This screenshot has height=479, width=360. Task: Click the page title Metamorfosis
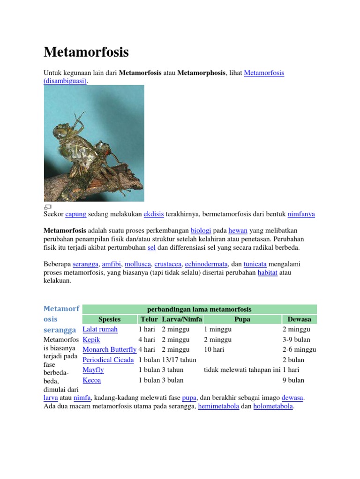86,52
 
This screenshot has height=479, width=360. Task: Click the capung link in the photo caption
75,214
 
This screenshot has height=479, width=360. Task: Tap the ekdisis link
153,214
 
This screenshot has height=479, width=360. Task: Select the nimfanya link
301,214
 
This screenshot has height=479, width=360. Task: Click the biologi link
201,231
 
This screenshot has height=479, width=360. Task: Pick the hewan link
238,231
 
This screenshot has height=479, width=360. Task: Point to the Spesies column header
109,319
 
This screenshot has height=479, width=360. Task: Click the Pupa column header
242,319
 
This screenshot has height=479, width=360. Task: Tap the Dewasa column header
299,319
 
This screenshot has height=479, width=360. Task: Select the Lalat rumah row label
100,329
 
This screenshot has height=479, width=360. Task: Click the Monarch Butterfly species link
109,349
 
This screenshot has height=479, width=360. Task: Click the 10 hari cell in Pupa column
214,349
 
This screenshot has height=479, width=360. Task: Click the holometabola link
273,406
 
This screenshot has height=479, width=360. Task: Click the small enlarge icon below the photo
47,207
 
